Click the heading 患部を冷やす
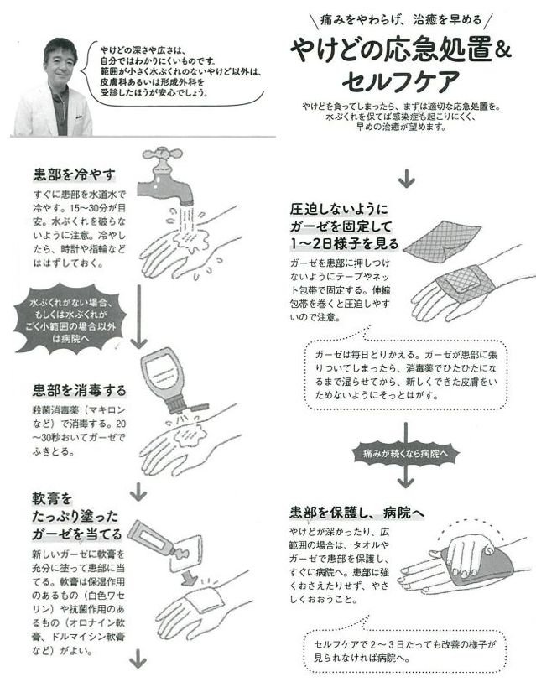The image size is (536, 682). point(75,174)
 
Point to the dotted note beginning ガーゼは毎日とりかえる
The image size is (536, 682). point(406,368)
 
